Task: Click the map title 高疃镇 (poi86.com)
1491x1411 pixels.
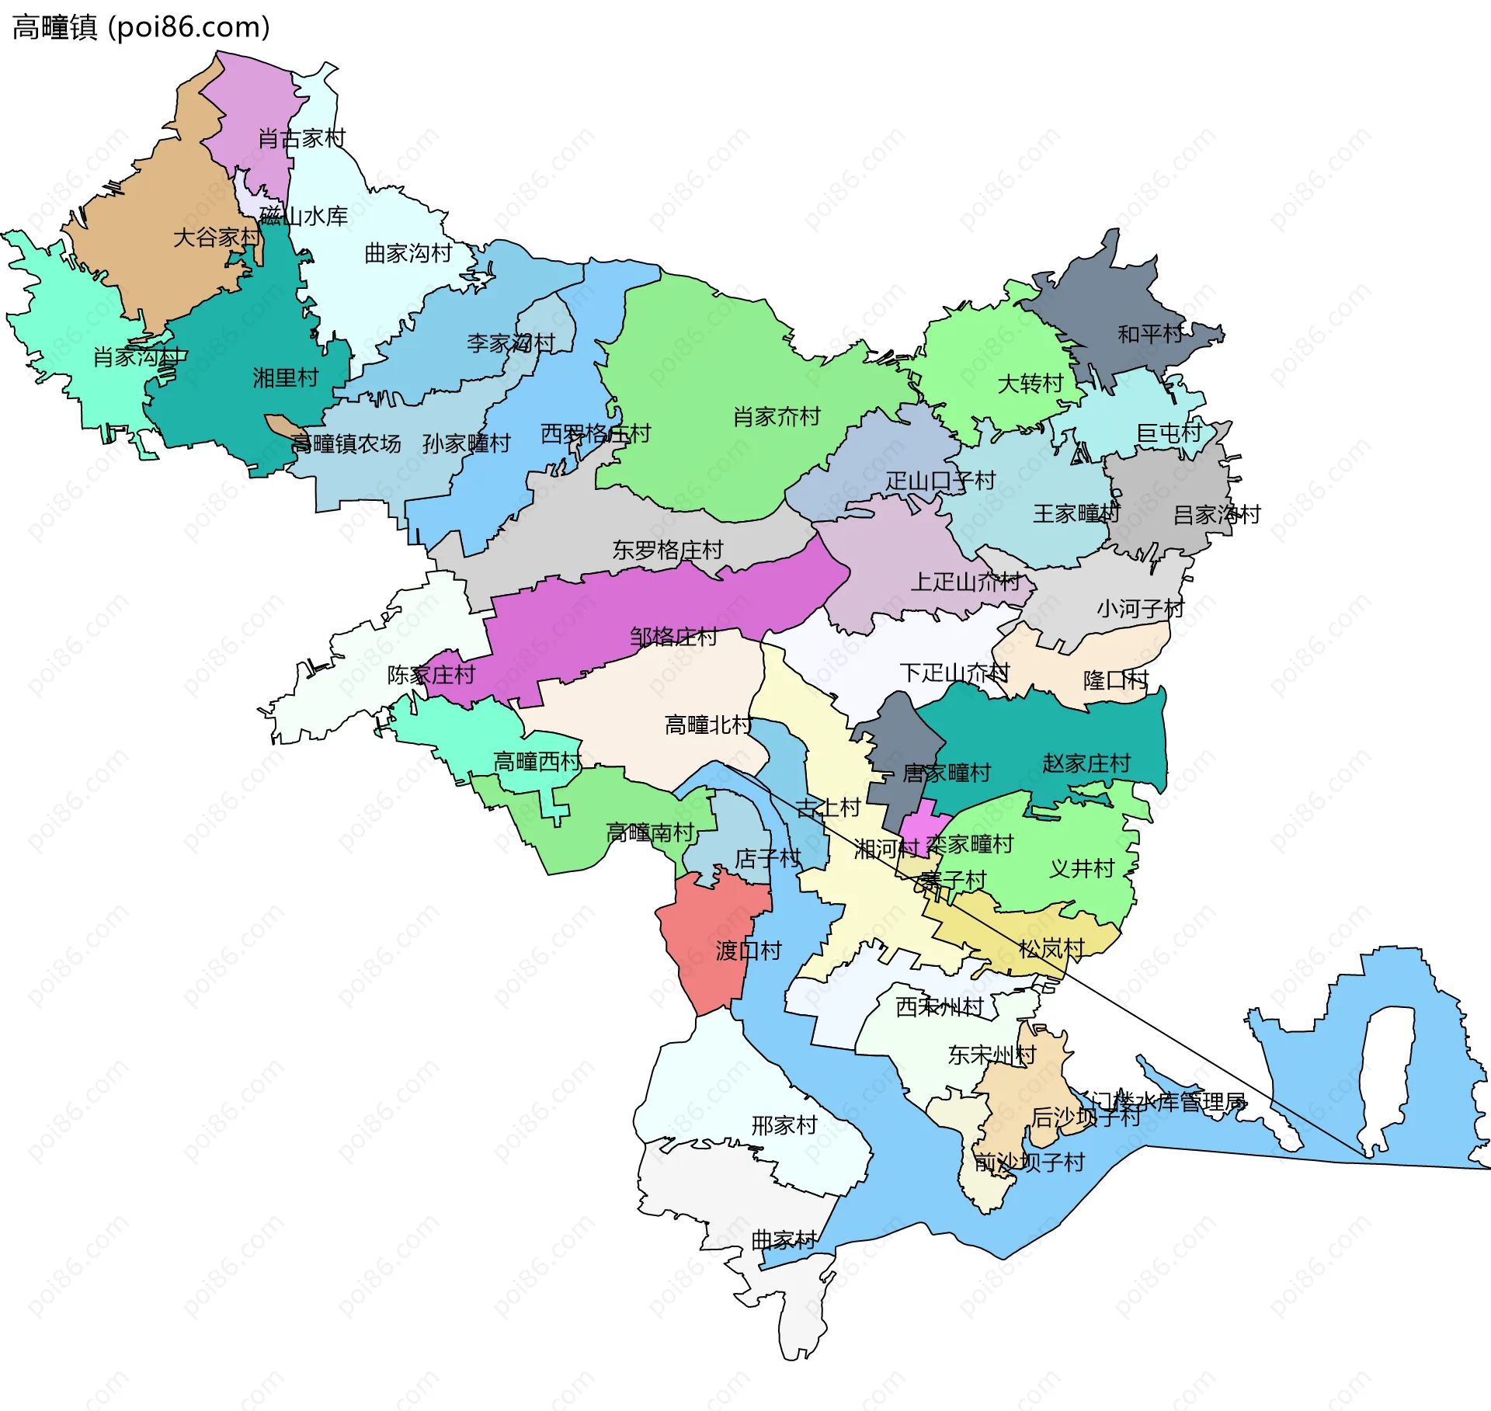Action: (x=141, y=27)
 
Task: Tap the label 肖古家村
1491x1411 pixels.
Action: (x=301, y=139)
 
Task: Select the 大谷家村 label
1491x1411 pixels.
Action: (x=216, y=238)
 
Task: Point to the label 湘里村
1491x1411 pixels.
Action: (x=286, y=378)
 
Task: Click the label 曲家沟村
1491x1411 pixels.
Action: (x=408, y=254)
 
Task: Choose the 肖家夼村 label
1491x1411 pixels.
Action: (x=777, y=417)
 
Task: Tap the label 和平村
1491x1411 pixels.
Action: (x=1150, y=335)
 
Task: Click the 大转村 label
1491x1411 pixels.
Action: (x=1030, y=384)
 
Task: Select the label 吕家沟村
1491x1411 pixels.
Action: (x=1216, y=515)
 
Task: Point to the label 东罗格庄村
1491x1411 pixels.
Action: (x=667, y=551)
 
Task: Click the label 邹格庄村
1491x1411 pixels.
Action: (x=673, y=638)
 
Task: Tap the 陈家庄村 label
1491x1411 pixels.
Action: (x=431, y=675)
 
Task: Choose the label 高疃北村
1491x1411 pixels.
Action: (x=707, y=725)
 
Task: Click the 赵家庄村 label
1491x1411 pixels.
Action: (x=1086, y=764)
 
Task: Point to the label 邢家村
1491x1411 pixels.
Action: (x=784, y=1125)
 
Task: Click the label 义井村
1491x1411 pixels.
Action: (x=1082, y=869)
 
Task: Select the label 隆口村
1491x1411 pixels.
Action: (x=1115, y=681)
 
